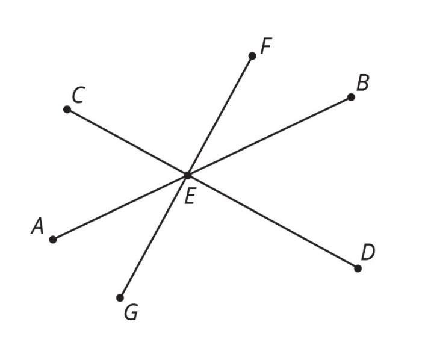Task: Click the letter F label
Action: coord(266,46)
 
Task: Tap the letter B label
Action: coord(362,83)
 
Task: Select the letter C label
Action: coord(78,95)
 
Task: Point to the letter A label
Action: coord(38,226)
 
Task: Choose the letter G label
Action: coord(131,312)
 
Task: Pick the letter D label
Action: coord(368,252)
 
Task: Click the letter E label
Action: coord(189,196)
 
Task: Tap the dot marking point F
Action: coord(252,56)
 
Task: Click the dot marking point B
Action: coord(351,97)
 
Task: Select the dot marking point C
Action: coord(67,110)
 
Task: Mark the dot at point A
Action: coord(53,240)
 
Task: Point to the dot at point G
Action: coord(120,297)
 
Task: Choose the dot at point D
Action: coord(358,268)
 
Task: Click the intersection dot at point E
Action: coord(187,175)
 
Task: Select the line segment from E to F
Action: coord(220,116)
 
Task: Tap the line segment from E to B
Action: coord(269,136)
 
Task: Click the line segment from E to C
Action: coord(127,142)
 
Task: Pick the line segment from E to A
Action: coord(120,207)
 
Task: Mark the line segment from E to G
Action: coord(154,236)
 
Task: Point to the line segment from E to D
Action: coord(272,222)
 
